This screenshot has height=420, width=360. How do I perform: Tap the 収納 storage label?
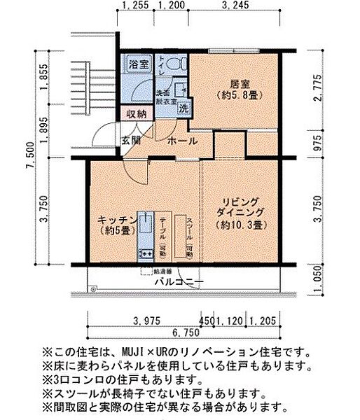[137, 113]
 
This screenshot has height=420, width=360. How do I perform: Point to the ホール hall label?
[182, 141]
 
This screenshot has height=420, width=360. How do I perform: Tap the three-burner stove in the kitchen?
[146, 253]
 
